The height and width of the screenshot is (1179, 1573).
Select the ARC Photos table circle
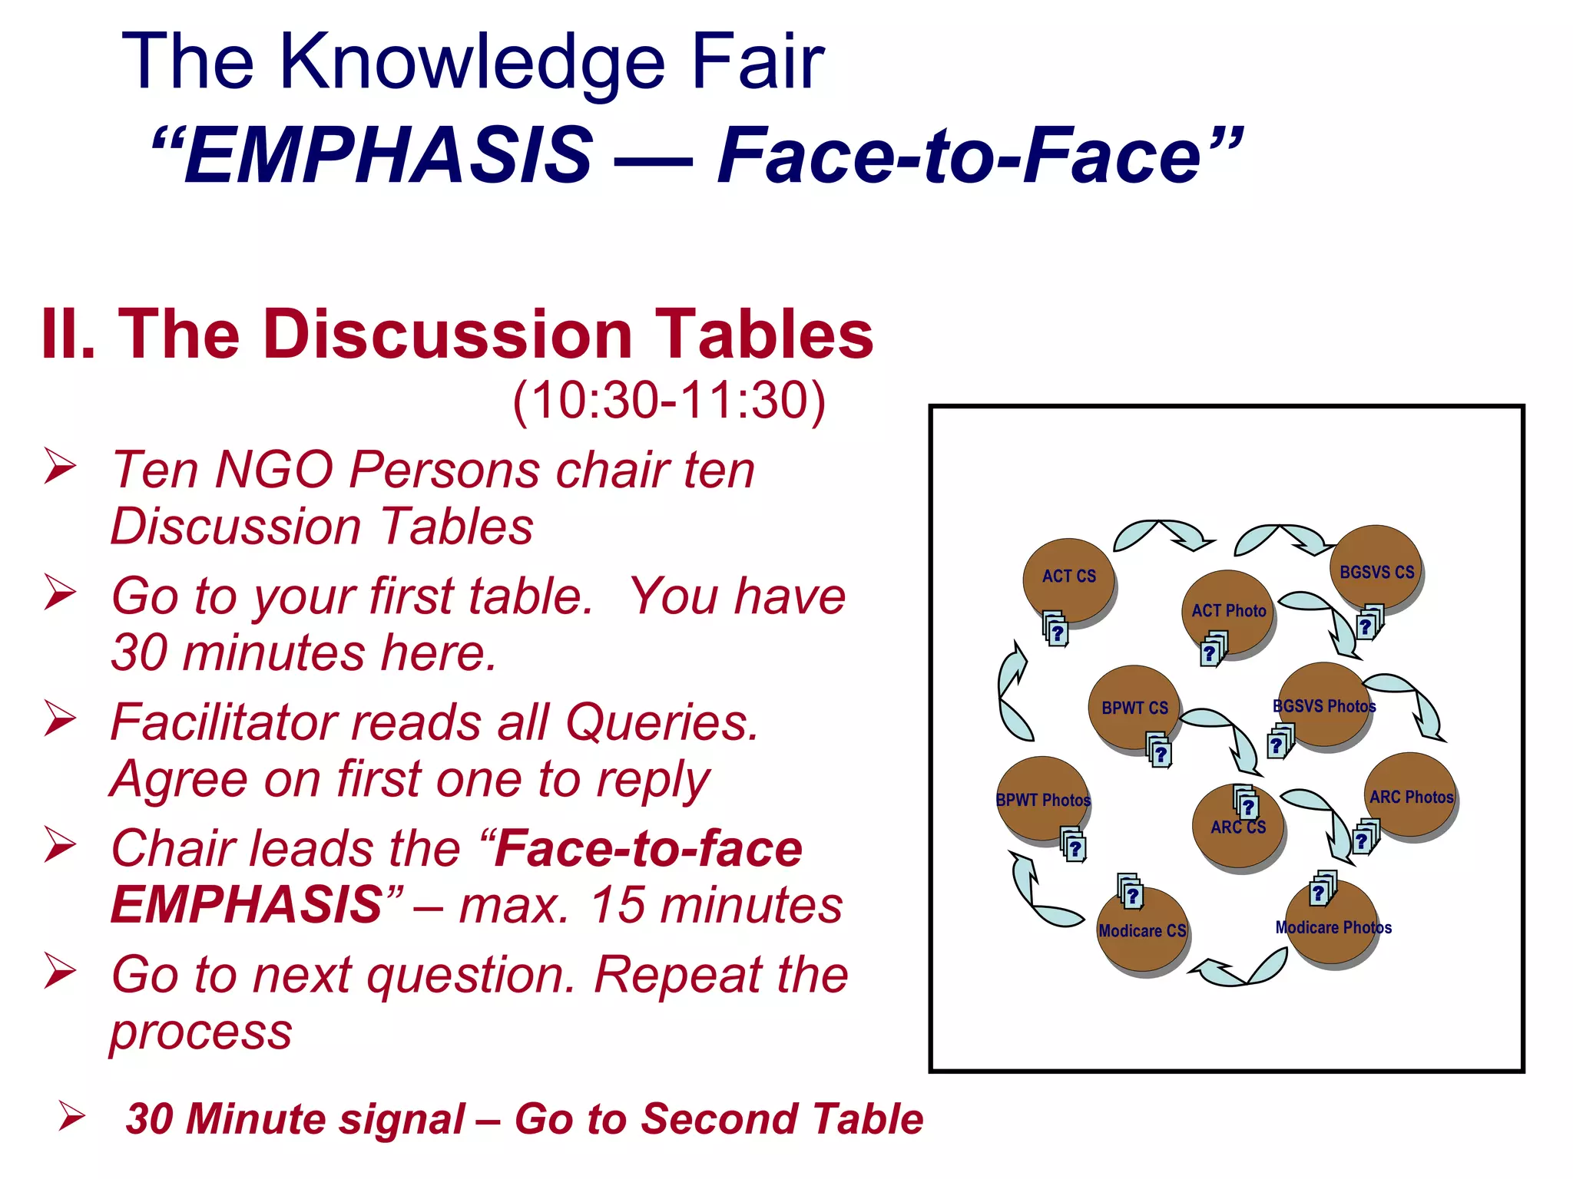click(1410, 795)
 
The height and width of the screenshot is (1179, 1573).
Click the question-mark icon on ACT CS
click(1056, 630)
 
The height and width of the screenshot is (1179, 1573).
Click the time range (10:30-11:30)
click(668, 400)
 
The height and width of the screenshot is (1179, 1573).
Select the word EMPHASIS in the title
click(389, 156)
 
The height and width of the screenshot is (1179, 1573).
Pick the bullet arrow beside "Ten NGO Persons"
click(60, 466)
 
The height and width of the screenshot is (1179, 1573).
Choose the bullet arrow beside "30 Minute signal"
click(72, 1116)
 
